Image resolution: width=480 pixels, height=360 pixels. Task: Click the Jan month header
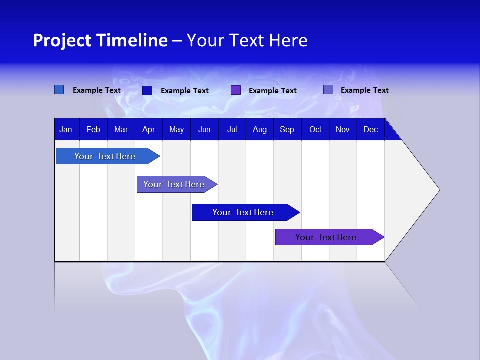coord(66,130)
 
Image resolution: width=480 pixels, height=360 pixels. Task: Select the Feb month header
coord(93,130)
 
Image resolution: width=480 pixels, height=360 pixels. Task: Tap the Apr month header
coord(148,130)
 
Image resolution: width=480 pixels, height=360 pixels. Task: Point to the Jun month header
coord(204,130)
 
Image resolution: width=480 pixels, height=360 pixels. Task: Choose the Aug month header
coord(259,130)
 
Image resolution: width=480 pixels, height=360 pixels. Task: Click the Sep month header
coord(287,130)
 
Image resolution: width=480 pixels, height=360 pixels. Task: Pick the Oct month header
coord(315,130)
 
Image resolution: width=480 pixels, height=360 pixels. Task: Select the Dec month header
coord(370,130)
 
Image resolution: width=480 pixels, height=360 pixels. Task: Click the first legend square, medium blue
coord(59,90)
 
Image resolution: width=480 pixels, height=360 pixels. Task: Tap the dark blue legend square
coord(147,90)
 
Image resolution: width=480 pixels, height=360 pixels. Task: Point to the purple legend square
coord(236,90)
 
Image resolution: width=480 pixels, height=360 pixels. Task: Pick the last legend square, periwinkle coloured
coord(328,90)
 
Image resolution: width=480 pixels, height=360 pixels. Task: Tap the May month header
coord(176,130)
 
